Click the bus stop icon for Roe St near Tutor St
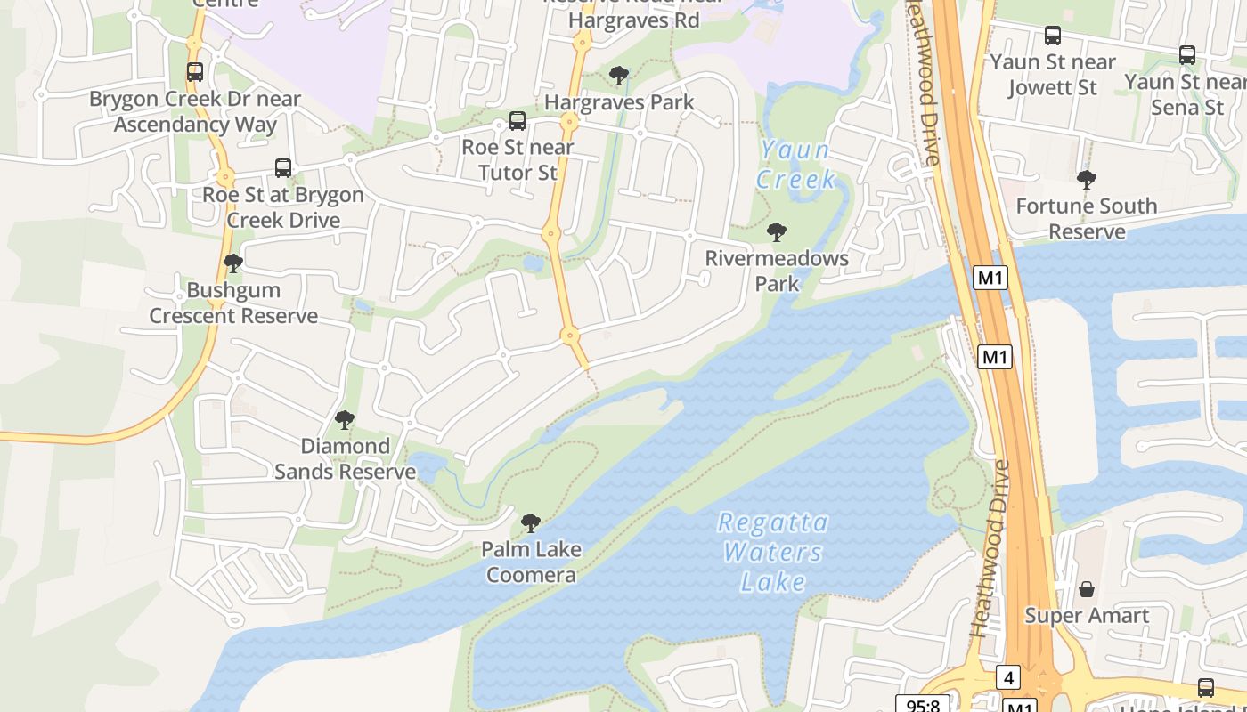(517, 121)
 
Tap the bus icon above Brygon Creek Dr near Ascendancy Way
(194, 72)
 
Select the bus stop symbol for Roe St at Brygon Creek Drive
(282, 168)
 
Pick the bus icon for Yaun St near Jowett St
(1052, 36)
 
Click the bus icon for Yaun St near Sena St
(1186, 55)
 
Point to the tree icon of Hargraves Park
(618, 77)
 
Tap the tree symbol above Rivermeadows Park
(777, 233)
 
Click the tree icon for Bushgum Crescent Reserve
(233, 263)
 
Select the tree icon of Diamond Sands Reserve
(345, 420)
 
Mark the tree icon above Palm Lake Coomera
(531, 523)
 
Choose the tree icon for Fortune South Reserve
(1086, 180)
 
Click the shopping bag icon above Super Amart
(1087, 589)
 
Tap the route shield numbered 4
(1008, 677)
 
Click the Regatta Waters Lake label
(773, 552)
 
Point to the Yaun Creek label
(796, 165)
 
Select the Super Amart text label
(1087, 616)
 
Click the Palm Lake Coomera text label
(531, 562)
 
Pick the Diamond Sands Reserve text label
(345, 459)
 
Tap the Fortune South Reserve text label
(1087, 219)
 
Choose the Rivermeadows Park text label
(777, 271)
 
